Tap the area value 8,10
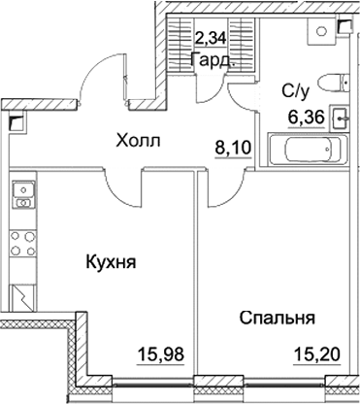coord(233,150)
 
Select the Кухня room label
coord(109,262)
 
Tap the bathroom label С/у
coord(296,92)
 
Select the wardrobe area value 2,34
coord(213,40)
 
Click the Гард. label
coord(212,58)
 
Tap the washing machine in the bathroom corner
coord(319,29)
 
